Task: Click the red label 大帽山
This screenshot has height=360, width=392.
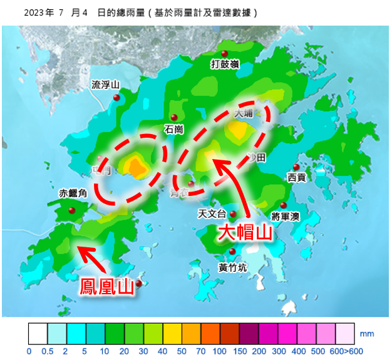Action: point(245,233)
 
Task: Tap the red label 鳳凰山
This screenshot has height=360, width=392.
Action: point(107,287)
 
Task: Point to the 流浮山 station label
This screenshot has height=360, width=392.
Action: point(105,85)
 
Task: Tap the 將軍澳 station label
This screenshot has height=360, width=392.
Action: point(286,217)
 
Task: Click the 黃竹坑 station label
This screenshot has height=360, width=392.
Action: point(232,267)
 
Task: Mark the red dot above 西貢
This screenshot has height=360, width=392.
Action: point(296,167)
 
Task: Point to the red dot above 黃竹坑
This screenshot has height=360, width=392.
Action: point(232,252)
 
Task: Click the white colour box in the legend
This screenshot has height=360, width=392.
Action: point(38,332)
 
